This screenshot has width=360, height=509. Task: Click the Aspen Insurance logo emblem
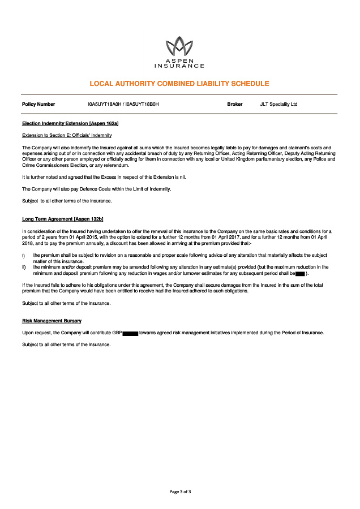[179, 46]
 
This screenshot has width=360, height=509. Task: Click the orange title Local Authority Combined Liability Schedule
[179, 84]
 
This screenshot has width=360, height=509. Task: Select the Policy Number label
[38, 105]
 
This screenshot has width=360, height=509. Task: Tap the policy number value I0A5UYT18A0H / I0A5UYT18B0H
[123, 105]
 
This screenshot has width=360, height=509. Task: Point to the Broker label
[235, 105]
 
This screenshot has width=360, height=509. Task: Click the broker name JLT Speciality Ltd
[278, 105]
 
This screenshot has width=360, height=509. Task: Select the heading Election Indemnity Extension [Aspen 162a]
[70, 123]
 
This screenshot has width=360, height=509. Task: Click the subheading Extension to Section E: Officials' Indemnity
[67, 135]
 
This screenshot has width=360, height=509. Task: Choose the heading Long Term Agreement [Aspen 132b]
[62, 219]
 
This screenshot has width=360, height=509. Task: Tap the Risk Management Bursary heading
[52, 321]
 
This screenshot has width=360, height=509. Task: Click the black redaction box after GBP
[130, 333]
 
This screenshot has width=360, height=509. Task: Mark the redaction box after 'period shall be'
[301, 273]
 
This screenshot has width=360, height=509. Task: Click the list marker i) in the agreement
[24, 256]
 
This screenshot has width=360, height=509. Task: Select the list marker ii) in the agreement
[24, 267]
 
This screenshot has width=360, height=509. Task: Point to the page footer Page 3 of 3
[180, 491]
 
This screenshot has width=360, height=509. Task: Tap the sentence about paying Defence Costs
[96, 189]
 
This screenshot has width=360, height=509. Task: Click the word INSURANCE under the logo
[179, 66]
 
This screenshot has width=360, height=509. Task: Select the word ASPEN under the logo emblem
[179, 60]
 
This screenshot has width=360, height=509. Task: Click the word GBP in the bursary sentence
[117, 333]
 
